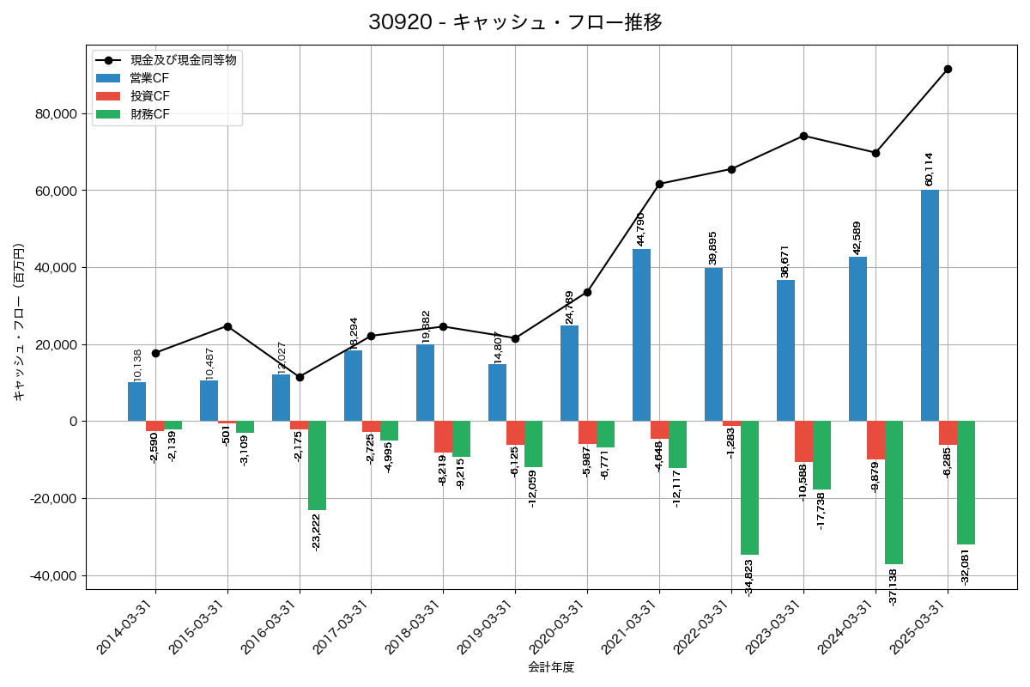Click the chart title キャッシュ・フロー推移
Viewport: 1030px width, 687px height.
[515, 22]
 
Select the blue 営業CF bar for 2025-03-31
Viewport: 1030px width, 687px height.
[930, 306]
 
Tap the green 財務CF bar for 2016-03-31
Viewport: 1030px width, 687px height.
[318, 465]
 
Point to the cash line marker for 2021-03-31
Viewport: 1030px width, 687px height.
[659, 184]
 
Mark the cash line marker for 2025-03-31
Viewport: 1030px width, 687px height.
[948, 69]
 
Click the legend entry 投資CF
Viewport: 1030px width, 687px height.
[150, 96]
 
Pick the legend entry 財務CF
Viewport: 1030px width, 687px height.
[150, 114]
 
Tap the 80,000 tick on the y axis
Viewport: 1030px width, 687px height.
[54, 114]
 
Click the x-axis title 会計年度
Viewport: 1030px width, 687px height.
[551, 667]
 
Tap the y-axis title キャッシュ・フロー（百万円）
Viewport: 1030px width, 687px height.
[19, 322]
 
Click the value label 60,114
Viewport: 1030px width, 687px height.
[929, 169]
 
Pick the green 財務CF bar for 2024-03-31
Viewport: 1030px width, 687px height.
[894, 492]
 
